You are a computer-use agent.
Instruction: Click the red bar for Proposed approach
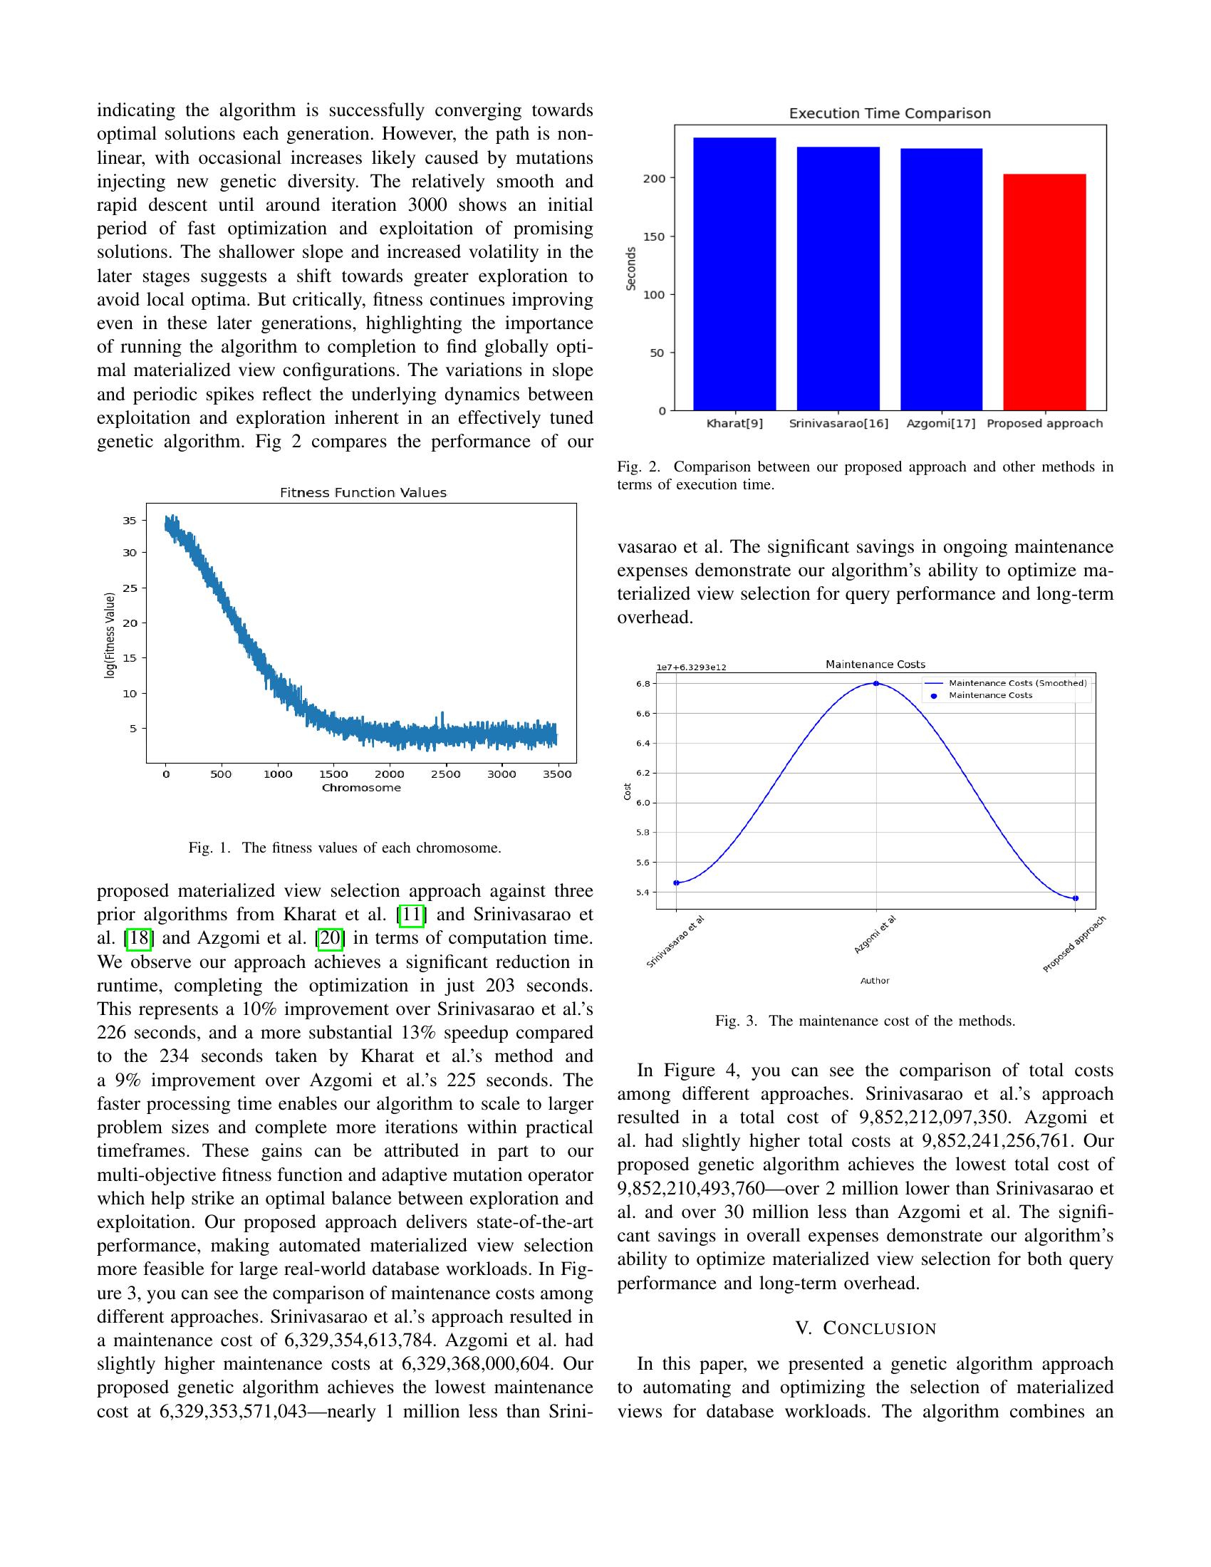[x=1044, y=292]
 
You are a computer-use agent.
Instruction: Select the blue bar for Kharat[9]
[x=734, y=274]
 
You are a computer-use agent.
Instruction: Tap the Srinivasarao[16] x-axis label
[x=838, y=423]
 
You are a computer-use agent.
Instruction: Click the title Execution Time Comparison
[x=890, y=113]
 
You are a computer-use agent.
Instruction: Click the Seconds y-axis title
[x=631, y=269]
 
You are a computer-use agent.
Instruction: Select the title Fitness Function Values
[x=363, y=492]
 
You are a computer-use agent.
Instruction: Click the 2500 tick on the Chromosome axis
[x=445, y=774]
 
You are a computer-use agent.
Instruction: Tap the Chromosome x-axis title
[x=361, y=787]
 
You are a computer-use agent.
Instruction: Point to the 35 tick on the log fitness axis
[x=129, y=520]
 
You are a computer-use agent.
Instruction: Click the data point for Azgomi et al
[x=876, y=683]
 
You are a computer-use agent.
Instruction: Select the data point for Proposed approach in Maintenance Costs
[x=1075, y=898]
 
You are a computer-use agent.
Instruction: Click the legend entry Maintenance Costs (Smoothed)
[x=1017, y=683]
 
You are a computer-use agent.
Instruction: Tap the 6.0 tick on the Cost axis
[x=643, y=803]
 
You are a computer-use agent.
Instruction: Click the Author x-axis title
[x=875, y=980]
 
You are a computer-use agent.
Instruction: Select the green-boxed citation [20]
[x=331, y=938]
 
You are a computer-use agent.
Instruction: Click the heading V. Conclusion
[x=866, y=1329]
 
